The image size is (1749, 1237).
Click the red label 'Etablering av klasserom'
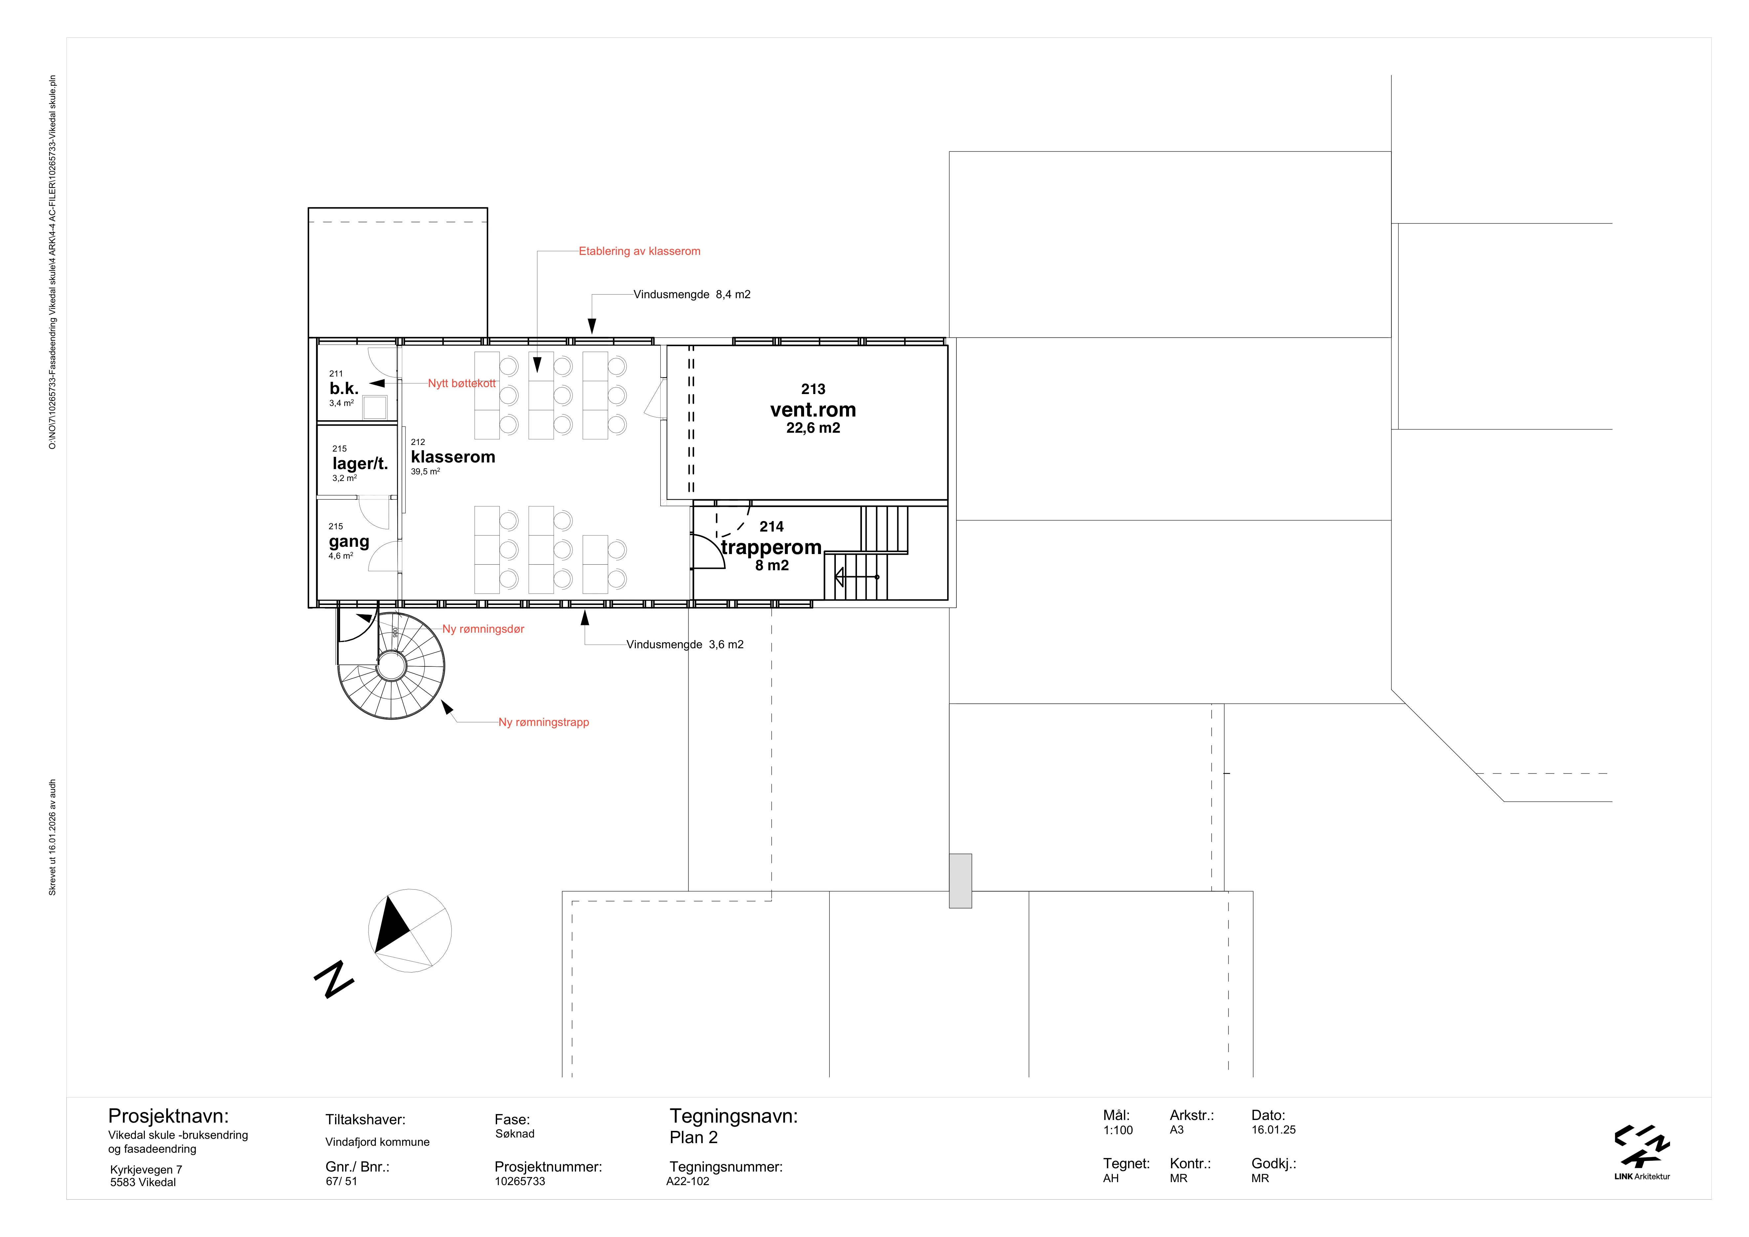click(639, 251)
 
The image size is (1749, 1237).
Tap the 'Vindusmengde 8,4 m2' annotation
click(692, 295)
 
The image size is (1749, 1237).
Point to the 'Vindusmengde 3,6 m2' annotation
click(685, 644)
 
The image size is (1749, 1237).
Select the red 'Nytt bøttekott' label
click(462, 383)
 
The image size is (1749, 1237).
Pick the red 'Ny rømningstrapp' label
click(544, 722)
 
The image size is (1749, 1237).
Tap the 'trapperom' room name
click(771, 548)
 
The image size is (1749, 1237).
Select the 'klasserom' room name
click(453, 457)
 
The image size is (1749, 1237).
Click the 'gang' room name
click(349, 541)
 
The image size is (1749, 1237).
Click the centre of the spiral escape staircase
click(392, 666)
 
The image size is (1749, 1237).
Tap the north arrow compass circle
click(410, 931)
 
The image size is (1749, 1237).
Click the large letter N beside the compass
click(334, 979)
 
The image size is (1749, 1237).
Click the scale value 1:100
click(1117, 1130)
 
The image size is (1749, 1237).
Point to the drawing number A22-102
click(688, 1181)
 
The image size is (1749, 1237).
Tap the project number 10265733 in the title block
click(520, 1181)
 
